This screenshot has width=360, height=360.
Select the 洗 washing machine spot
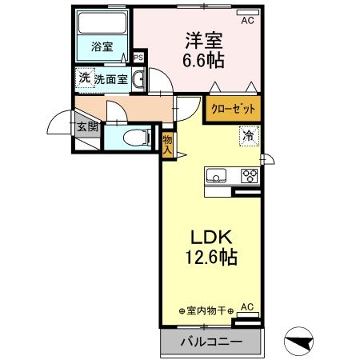pyautogui.click(x=84, y=78)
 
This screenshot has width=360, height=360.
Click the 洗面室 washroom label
pyautogui.click(x=112, y=79)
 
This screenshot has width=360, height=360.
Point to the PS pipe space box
pyautogui.click(x=138, y=58)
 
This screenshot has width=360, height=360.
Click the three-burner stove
pyautogui.click(x=249, y=177)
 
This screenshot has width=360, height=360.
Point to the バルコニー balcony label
pyautogui.click(x=211, y=342)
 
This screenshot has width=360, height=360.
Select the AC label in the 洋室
pyautogui.click(x=247, y=21)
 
